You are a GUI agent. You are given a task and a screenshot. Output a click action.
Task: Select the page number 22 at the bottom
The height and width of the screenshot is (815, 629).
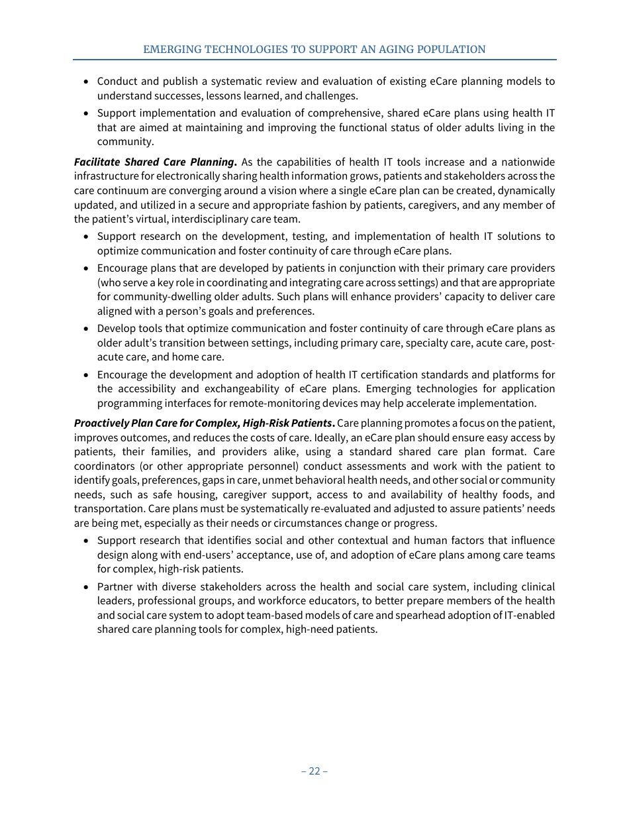coord(314,771)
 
